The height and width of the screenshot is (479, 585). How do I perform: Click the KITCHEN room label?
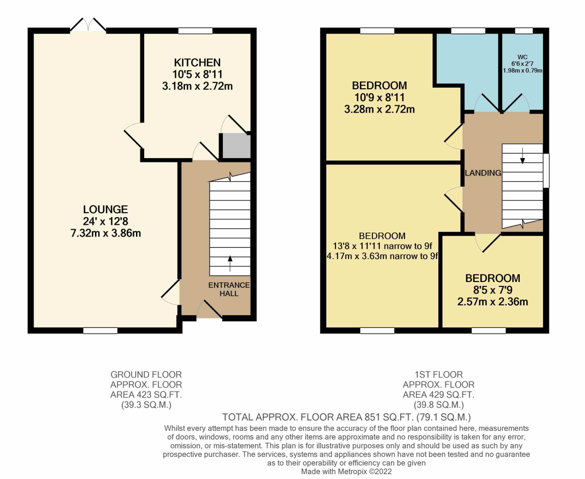pos(197,62)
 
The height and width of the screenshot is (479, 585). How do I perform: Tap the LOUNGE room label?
pos(105,209)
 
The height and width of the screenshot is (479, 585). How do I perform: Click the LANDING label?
pos(483,173)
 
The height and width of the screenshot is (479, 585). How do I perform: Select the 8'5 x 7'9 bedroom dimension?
pos(492,290)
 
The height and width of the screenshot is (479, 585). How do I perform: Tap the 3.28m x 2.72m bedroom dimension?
pos(379,109)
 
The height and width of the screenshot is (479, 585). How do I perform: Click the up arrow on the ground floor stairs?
pos(230,263)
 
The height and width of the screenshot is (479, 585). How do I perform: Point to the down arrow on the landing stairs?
pos(523,156)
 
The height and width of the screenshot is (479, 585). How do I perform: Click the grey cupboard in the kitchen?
pos(236,146)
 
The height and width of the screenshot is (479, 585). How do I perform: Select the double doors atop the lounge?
pos(88,25)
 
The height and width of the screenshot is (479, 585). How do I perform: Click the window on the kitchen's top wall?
pos(195,31)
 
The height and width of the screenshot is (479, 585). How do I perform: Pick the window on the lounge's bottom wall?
pos(100,331)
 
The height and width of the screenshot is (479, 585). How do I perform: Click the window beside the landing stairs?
pos(546,171)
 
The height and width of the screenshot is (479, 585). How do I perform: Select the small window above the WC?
pos(524,31)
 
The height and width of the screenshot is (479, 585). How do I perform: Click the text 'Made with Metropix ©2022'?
pos(346,472)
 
